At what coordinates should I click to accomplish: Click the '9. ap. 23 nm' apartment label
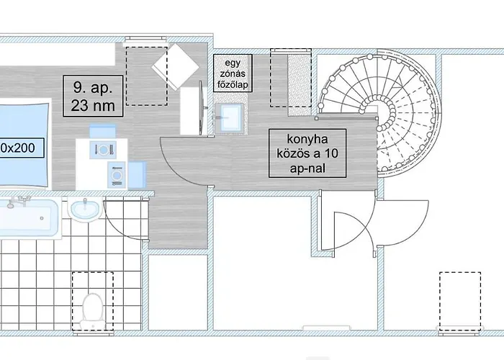(93, 96)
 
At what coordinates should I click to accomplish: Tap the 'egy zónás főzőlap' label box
(233, 73)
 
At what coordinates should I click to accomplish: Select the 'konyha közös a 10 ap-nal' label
(307, 153)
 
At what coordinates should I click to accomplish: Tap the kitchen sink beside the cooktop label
(229, 117)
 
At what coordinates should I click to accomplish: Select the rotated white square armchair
(176, 67)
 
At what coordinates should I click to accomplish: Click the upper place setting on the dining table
(103, 150)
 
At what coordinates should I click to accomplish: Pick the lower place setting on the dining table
(117, 175)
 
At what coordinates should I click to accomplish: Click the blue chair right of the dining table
(137, 175)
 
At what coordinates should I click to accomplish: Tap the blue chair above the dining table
(102, 131)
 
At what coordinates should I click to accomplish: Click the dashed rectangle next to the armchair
(147, 76)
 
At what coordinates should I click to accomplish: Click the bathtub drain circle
(42, 218)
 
